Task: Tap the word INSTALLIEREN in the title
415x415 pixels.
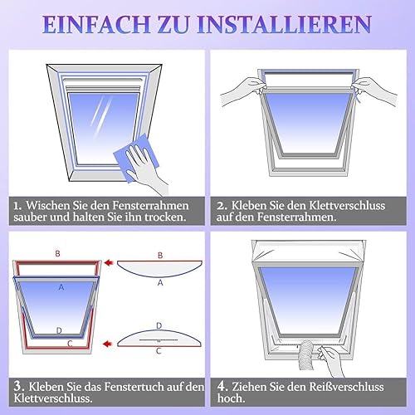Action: tap(285, 24)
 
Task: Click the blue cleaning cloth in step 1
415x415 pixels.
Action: tap(137, 158)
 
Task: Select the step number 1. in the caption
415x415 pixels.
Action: tap(17, 206)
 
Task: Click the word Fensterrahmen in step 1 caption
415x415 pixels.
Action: tap(150, 205)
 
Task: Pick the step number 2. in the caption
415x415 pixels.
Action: tap(222, 206)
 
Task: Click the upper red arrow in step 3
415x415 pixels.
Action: tap(109, 262)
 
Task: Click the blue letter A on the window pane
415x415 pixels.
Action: tap(61, 287)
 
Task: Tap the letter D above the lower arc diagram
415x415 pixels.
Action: tap(159, 325)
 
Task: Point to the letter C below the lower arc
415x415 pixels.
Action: tap(159, 351)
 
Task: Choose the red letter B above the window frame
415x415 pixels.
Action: tap(57, 253)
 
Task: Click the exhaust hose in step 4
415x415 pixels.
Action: tap(307, 354)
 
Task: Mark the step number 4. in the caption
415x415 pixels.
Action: tap(222, 387)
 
